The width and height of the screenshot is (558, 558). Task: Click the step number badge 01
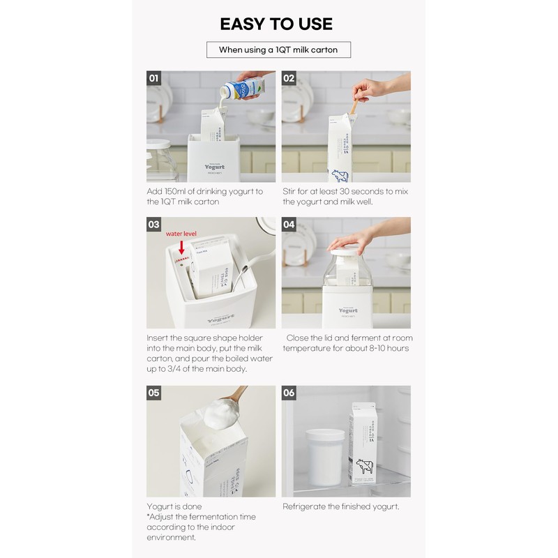(x=154, y=78)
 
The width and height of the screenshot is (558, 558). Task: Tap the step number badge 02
(x=289, y=78)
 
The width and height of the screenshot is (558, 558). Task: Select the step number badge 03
(x=154, y=225)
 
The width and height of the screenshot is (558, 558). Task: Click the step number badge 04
(x=289, y=225)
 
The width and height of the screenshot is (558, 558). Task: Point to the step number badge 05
(x=154, y=393)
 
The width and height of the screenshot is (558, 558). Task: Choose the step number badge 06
(x=289, y=393)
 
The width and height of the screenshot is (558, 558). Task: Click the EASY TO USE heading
(x=278, y=23)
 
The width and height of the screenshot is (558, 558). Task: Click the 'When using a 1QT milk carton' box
(x=278, y=50)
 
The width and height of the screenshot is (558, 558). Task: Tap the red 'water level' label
(x=182, y=236)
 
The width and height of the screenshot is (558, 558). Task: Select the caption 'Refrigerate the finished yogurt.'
(x=340, y=506)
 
